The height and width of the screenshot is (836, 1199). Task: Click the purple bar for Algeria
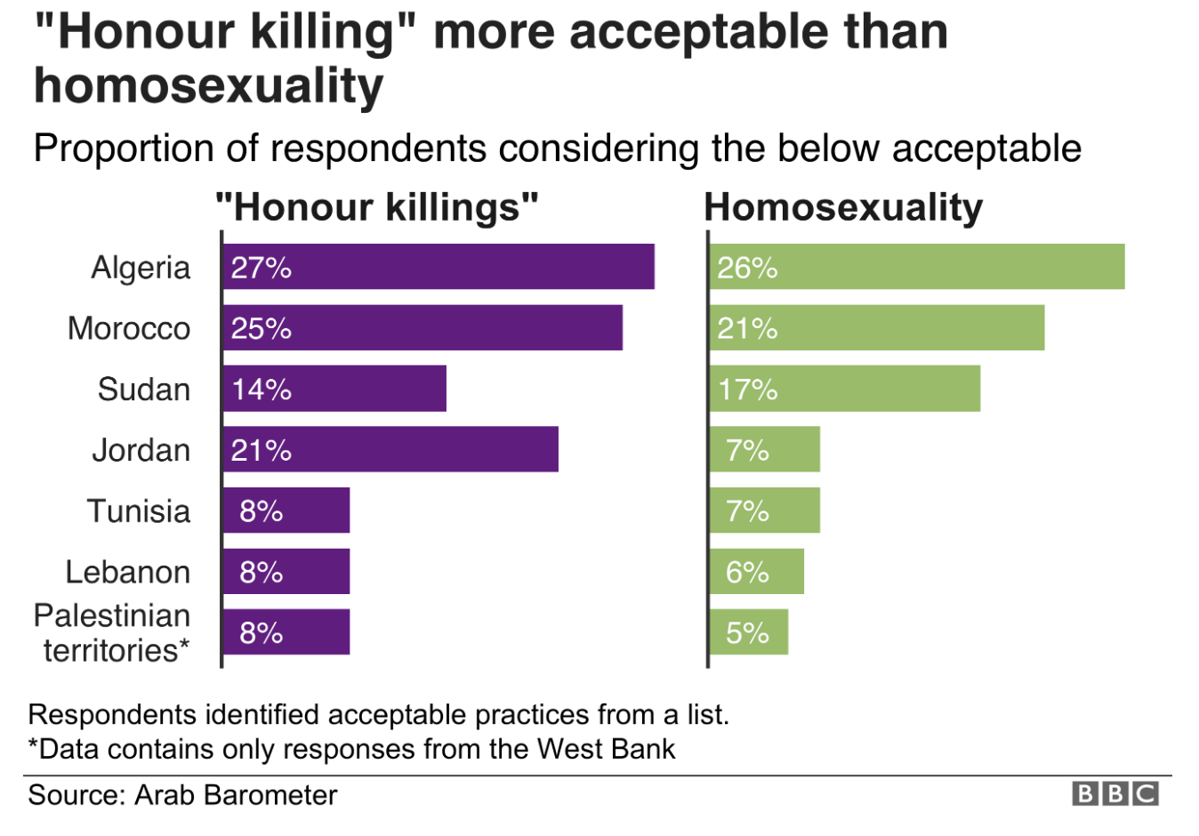point(439,267)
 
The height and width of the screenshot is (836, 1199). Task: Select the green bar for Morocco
point(876,328)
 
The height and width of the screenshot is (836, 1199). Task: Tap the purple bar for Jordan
point(390,450)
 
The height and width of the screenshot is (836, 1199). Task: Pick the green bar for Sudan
point(844,389)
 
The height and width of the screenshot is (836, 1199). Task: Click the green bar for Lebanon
point(756,572)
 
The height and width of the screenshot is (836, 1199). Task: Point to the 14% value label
point(262,390)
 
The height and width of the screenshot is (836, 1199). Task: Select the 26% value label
point(747,268)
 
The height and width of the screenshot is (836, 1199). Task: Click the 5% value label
point(747,633)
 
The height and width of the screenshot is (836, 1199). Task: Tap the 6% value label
point(747,572)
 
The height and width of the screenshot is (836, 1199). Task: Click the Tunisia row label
point(139,511)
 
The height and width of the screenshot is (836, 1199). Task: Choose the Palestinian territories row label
point(113,632)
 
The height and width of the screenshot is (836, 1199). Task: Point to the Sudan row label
point(144,390)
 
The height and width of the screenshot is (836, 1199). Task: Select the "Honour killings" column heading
point(377,207)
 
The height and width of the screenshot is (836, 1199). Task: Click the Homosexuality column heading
point(843,207)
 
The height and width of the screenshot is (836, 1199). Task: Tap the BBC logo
point(1115,794)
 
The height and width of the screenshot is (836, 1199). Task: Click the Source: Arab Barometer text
point(182,795)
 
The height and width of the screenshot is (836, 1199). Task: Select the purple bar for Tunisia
point(286,510)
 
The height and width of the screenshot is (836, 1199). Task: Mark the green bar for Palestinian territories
point(748,632)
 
